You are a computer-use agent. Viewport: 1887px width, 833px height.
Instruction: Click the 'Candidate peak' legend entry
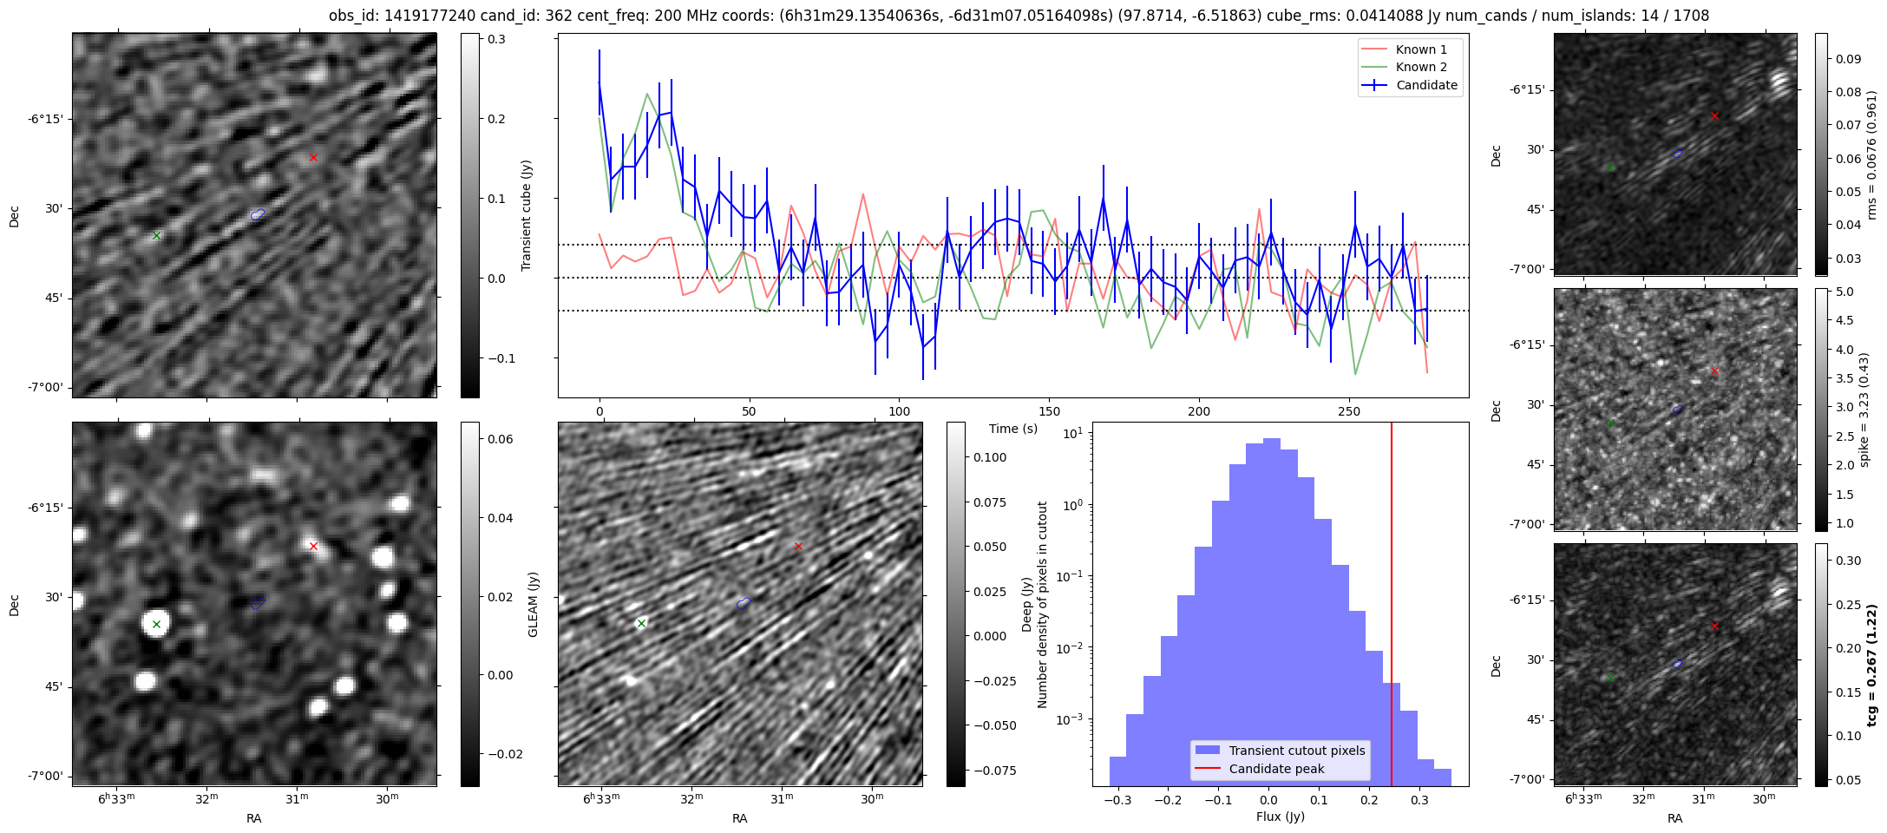[x=1276, y=769]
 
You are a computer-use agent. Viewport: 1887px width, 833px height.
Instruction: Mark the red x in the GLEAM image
[x=313, y=546]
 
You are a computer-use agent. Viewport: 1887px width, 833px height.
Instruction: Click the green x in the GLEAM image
[x=156, y=624]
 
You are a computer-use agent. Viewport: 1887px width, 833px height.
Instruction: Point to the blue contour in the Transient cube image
[x=258, y=214]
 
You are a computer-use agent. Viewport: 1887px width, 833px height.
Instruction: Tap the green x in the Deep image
[x=641, y=623]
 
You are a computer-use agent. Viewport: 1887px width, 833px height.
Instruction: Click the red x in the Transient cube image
[x=313, y=157]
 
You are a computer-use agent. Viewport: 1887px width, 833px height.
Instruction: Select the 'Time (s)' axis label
[x=1012, y=429]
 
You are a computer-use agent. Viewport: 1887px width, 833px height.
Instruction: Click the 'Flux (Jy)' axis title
[x=1280, y=817]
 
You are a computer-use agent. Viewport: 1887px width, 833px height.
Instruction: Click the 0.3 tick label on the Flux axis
[x=1419, y=800]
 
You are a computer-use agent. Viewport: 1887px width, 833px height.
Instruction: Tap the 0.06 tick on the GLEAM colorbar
[x=501, y=439]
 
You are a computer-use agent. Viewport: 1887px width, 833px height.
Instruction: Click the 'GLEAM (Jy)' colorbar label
[x=533, y=604]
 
